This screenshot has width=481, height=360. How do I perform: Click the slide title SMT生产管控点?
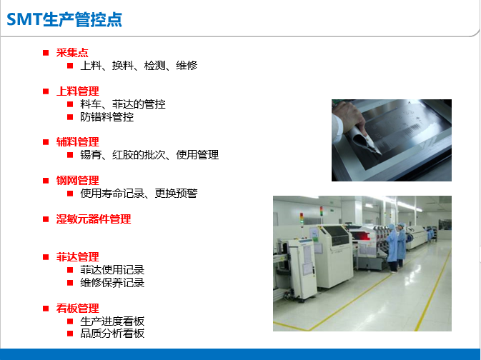[64, 19]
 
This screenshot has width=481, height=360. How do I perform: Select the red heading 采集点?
[72, 53]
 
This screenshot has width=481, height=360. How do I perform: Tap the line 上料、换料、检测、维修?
[139, 65]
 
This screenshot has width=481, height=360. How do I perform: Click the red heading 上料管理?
[78, 91]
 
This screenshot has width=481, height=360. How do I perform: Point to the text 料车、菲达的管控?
[123, 104]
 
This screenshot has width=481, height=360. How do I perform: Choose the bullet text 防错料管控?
[106, 117]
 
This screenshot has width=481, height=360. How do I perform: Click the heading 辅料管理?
[78, 142]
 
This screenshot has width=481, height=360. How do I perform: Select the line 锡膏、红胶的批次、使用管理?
[149, 155]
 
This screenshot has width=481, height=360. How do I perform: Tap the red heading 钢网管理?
[78, 180]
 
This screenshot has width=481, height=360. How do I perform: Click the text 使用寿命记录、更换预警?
[139, 193]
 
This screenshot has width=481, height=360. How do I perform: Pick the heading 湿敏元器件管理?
[94, 219]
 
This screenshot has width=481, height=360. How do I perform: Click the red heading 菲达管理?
[78, 257]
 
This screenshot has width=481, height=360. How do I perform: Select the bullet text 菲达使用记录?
[112, 270]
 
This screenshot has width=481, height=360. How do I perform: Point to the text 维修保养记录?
[112, 283]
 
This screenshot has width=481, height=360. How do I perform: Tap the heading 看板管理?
[78, 308]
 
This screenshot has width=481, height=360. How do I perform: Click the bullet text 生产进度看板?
[112, 321]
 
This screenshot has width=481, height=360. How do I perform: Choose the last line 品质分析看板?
[112, 334]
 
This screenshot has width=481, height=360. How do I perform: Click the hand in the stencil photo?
[349, 118]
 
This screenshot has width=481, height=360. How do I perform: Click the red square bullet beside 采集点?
[46, 53]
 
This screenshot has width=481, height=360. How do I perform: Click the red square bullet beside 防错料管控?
[70, 117]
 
